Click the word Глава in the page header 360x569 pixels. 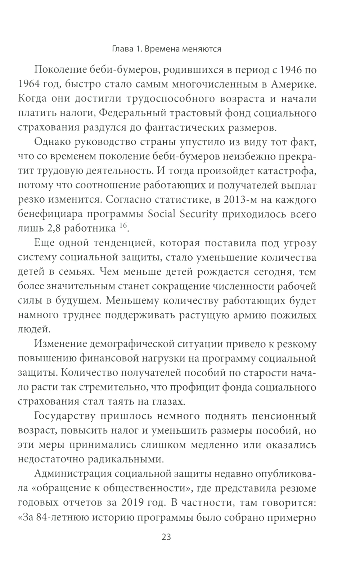[x=122, y=49]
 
